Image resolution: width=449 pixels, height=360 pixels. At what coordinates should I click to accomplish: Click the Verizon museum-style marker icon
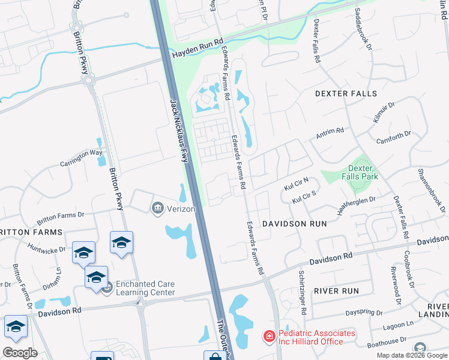click(x=157, y=208)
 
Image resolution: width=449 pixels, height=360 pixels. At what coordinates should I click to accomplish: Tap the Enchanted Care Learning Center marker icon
click(x=107, y=289)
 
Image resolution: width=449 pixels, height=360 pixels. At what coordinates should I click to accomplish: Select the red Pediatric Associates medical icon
click(x=269, y=337)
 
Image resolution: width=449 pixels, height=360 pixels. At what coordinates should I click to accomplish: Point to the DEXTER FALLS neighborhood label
click(x=346, y=94)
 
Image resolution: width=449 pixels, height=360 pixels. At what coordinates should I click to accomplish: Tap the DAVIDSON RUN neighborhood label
click(x=294, y=223)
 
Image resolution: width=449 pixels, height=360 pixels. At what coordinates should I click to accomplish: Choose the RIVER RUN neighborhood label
click(x=336, y=291)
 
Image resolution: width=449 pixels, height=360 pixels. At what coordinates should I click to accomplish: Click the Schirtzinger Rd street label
click(x=303, y=293)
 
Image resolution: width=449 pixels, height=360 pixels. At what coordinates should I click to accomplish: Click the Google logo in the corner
click(x=20, y=353)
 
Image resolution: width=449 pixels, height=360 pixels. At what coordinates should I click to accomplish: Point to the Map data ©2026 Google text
click(x=412, y=355)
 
